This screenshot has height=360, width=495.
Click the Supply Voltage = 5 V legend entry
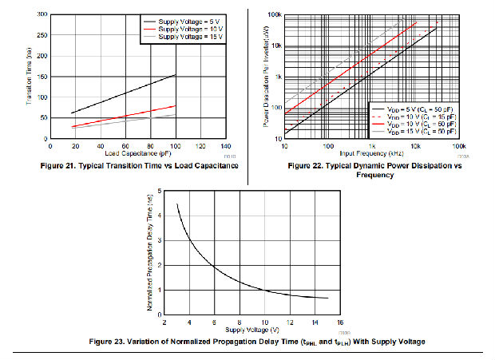click(x=188, y=21)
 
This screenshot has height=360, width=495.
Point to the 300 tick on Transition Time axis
click(x=42, y=14)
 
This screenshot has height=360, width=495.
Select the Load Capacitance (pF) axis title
click(x=137, y=153)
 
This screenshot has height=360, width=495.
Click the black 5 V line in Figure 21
click(x=120, y=92)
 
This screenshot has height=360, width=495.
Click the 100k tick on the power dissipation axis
click(x=273, y=15)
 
